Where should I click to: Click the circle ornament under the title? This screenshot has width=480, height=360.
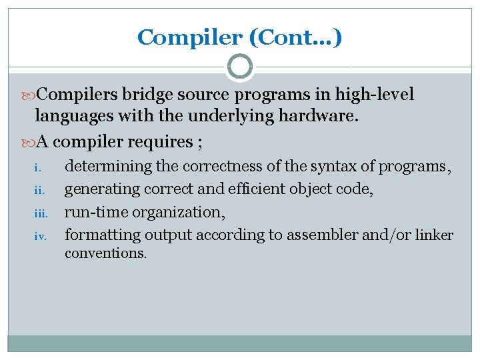[239, 67]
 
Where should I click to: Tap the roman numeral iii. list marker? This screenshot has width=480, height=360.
[39, 213]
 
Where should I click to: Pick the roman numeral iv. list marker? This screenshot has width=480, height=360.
[39, 235]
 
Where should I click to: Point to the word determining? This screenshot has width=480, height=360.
[108, 166]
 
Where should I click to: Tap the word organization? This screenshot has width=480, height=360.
[179, 212]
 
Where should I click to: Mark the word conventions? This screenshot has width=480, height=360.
[105, 253]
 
